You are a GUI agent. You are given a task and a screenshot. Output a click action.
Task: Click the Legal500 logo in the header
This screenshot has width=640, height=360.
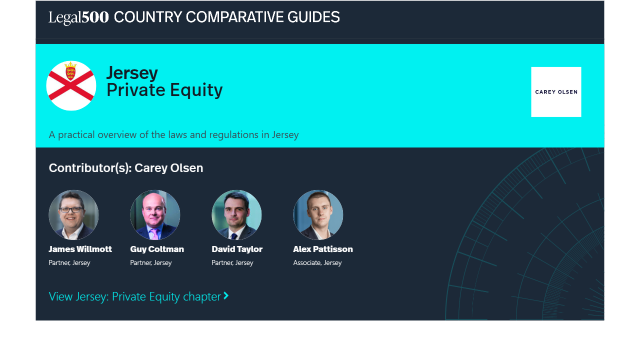[78, 17]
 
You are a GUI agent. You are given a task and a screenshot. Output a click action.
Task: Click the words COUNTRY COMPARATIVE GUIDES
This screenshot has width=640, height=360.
[227, 17]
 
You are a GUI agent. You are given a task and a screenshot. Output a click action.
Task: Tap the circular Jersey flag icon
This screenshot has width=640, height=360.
[71, 85]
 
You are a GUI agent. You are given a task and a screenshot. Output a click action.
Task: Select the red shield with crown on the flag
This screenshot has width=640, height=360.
[70, 71]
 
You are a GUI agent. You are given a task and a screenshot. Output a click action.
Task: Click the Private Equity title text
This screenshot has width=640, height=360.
[164, 90]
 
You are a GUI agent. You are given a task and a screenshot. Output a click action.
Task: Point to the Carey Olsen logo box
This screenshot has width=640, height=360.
[556, 92]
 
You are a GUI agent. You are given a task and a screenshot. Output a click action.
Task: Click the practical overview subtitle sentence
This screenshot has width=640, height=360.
[173, 134]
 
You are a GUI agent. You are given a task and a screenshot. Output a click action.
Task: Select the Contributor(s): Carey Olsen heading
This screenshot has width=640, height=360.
[126, 168]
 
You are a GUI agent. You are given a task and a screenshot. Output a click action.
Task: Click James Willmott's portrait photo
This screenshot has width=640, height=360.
[73, 215]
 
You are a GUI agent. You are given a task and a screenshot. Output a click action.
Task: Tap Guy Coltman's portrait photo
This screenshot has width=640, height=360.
[155, 215]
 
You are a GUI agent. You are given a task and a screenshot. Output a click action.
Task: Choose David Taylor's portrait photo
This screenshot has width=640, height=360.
[236, 215]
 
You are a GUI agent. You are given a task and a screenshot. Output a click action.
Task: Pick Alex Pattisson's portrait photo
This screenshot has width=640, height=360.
[318, 215]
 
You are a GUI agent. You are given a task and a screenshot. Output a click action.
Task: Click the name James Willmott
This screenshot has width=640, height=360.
[80, 249]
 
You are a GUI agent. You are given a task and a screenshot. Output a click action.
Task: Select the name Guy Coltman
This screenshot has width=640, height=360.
[157, 249]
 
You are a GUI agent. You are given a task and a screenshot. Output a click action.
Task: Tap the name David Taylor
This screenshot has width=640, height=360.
[237, 249]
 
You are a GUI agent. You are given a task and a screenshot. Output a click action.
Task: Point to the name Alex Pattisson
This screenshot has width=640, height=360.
[323, 249]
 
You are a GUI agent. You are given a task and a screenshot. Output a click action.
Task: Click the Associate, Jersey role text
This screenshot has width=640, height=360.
[317, 262]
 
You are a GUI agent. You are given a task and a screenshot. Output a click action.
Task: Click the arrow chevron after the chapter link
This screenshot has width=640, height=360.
[226, 295]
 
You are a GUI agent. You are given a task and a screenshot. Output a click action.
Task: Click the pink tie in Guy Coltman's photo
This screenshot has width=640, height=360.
[154, 234]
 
